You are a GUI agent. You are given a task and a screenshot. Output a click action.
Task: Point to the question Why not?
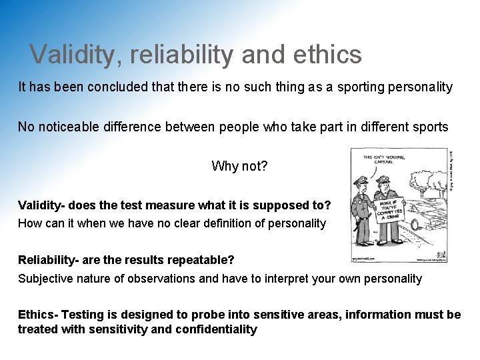click(239, 166)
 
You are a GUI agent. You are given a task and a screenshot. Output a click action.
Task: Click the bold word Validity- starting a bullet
click(44, 205)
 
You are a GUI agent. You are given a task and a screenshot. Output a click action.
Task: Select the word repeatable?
click(202, 259)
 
